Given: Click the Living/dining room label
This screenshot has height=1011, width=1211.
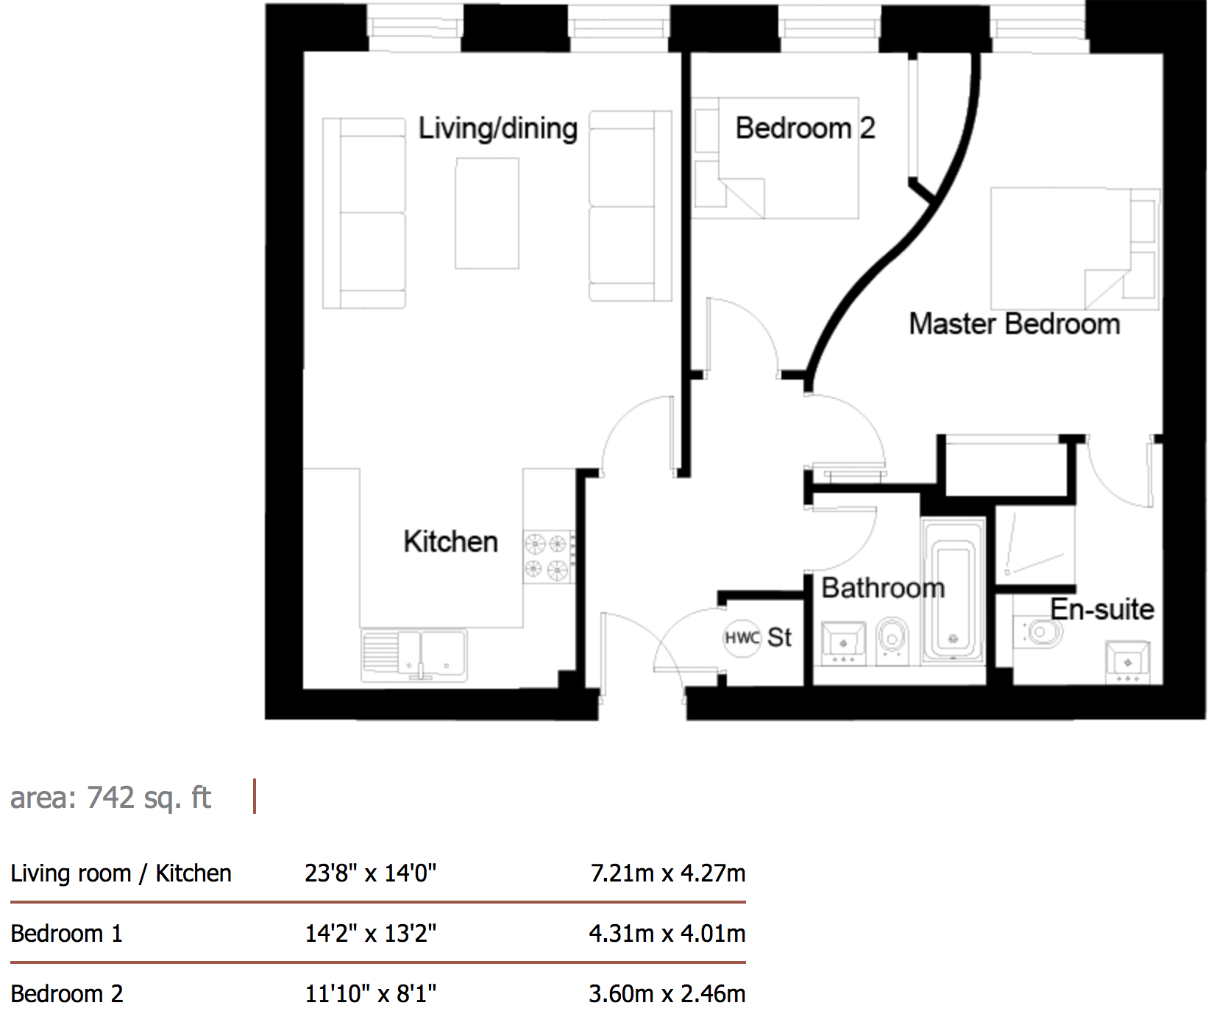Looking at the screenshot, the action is pyautogui.click(x=498, y=129).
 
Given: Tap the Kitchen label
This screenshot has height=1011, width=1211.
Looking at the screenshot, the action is pyautogui.click(x=450, y=542).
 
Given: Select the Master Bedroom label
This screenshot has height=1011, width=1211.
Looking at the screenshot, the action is pyautogui.click(x=1015, y=324).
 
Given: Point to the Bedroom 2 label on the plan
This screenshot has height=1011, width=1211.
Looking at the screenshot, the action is pyautogui.click(x=805, y=128).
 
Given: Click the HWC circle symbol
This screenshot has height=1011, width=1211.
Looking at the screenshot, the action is pyautogui.click(x=742, y=638).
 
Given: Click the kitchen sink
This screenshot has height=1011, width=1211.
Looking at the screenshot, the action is pyautogui.click(x=414, y=655).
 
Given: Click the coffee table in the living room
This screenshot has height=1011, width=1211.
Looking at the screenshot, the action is pyautogui.click(x=487, y=213).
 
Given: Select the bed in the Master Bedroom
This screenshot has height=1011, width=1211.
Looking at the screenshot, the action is pyautogui.click(x=1075, y=249).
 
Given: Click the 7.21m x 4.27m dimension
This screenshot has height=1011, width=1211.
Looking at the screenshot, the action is pyautogui.click(x=667, y=873).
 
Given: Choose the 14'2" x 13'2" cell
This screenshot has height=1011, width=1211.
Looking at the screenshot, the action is pyautogui.click(x=371, y=934).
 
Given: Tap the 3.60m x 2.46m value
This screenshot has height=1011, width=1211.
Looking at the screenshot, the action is pyautogui.click(x=667, y=994).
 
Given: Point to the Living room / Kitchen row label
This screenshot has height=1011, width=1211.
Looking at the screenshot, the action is pyautogui.click(x=121, y=873).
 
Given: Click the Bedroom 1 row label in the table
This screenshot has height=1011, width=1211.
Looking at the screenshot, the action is pyautogui.click(x=66, y=934).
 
